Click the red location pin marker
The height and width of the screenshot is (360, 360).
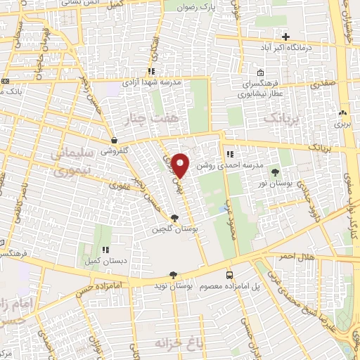point(181,165)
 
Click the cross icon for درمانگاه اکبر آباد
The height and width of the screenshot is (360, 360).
point(285,37)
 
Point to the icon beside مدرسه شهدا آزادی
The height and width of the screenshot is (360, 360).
point(151,71)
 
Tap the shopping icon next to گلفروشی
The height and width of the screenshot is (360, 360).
point(113,140)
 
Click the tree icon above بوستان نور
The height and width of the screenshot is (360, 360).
point(274,172)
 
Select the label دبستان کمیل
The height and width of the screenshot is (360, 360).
point(107,261)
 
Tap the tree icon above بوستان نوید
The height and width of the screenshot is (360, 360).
point(173,275)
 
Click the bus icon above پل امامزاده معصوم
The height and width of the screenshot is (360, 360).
point(229,275)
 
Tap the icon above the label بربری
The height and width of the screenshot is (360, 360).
point(342,112)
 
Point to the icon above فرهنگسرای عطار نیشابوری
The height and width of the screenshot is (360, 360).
point(260,72)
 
